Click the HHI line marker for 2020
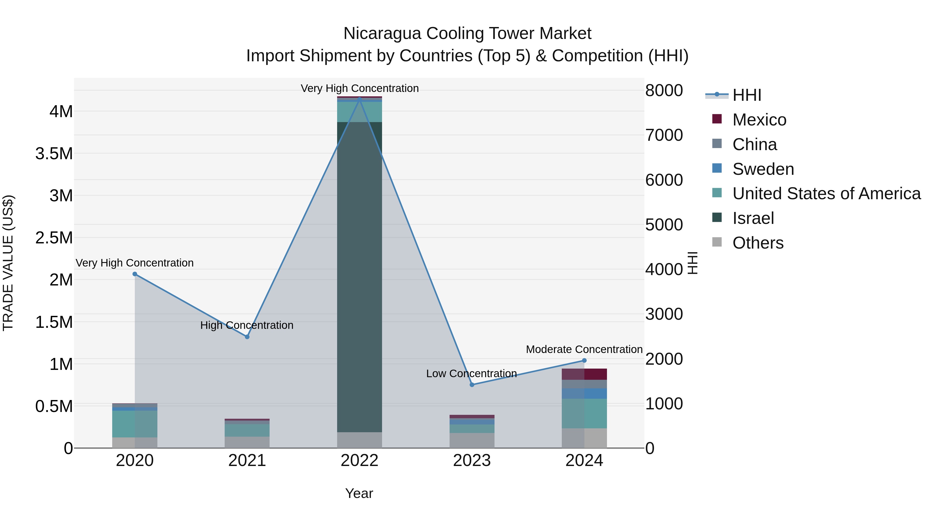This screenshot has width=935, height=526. (x=135, y=274)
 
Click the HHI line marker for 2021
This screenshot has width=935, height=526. (x=247, y=337)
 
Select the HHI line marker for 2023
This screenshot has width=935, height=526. (x=472, y=385)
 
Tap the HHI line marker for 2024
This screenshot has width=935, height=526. (x=584, y=361)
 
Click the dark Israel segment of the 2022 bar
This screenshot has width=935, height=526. (x=359, y=276)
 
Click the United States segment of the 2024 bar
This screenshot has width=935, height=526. (x=584, y=414)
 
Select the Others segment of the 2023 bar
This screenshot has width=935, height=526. (x=472, y=440)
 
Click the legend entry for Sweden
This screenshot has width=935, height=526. (x=763, y=169)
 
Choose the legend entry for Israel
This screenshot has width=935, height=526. (x=753, y=218)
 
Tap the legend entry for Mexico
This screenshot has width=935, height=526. (x=759, y=120)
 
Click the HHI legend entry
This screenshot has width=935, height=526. (x=747, y=95)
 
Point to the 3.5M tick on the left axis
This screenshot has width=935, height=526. (x=54, y=154)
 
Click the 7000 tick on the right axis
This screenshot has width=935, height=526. (x=664, y=135)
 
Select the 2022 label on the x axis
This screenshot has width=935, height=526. (x=359, y=461)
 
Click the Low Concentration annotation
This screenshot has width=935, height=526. (x=471, y=373)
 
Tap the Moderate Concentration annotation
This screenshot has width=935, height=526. (x=584, y=349)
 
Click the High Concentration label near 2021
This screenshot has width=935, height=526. (x=247, y=325)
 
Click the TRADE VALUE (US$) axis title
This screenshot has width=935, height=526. (x=8, y=263)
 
